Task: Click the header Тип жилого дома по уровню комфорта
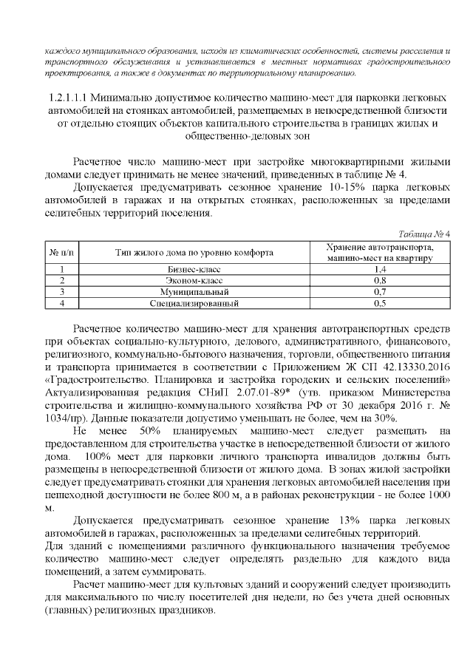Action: pyautogui.click(x=194, y=252)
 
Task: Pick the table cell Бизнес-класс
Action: pyautogui.click(x=194, y=270)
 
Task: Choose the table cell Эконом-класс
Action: pyautogui.click(x=194, y=281)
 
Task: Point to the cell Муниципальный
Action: pyautogui.click(x=194, y=292)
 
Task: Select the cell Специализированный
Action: pyautogui.click(x=194, y=303)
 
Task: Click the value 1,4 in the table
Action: pyautogui.click(x=381, y=270)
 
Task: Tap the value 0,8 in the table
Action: pyautogui.click(x=381, y=281)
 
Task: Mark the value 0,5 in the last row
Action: pyautogui.click(x=381, y=303)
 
